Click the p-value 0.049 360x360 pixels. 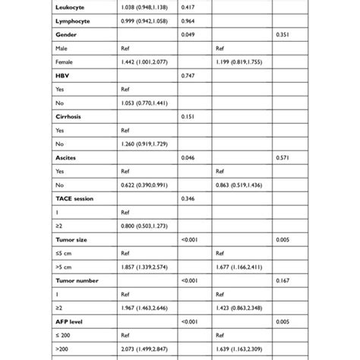[x=189, y=35]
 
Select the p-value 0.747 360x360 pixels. [x=189, y=77]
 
